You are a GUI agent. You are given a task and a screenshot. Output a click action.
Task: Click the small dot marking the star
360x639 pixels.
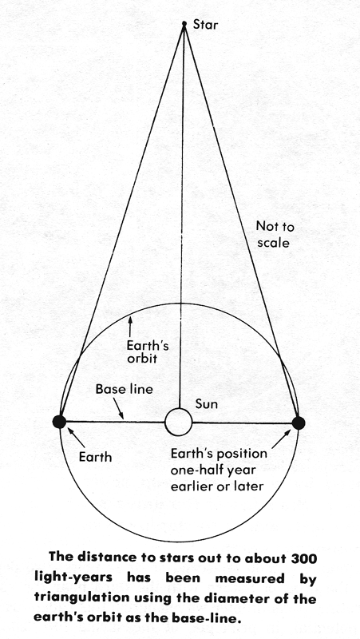pyautogui.click(x=184, y=24)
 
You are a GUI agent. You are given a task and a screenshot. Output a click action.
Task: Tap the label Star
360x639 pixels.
pyautogui.click(x=205, y=25)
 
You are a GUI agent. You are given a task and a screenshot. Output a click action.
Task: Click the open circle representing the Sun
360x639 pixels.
pyautogui.click(x=178, y=423)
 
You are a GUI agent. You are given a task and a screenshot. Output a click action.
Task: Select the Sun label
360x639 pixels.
pyautogui.click(x=207, y=404)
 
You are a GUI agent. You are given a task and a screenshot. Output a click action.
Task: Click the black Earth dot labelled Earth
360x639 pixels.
pyautogui.click(x=59, y=422)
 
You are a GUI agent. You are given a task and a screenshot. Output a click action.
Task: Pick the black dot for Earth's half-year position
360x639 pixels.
pyautogui.click(x=299, y=423)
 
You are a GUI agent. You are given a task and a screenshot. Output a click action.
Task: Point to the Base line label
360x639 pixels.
pyautogui.click(x=125, y=389)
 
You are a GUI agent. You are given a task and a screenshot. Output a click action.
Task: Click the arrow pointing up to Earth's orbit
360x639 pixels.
pyautogui.click(x=130, y=327)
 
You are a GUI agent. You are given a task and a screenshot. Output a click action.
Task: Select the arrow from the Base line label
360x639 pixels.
pyautogui.click(x=118, y=408)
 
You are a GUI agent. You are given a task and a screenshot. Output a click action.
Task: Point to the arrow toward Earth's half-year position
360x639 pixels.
pyautogui.click(x=282, y=439)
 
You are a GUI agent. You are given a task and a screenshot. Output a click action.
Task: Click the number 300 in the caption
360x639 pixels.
pyautogui.click(x=303, y=558)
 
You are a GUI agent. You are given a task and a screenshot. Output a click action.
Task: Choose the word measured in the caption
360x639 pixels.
pyautogui.click(x=250, y=578)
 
